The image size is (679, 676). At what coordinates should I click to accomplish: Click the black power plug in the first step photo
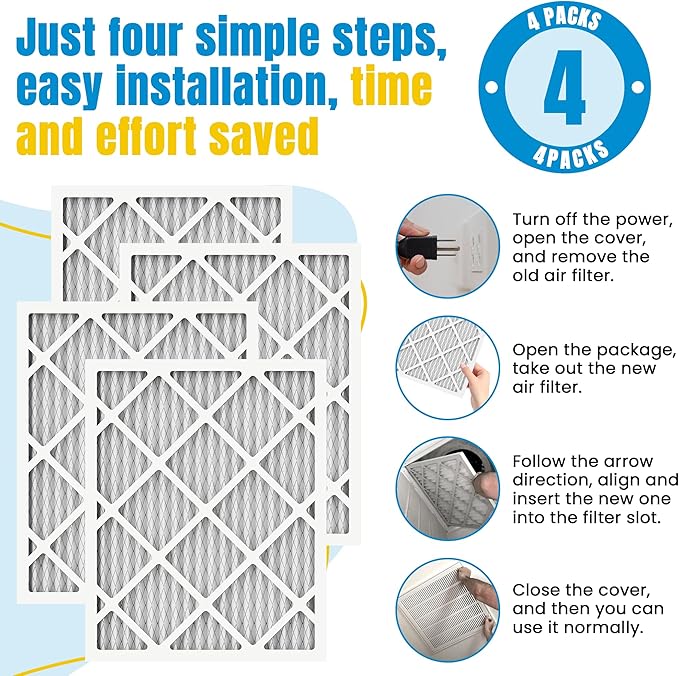pyautogui.click(x=416, y=243)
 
